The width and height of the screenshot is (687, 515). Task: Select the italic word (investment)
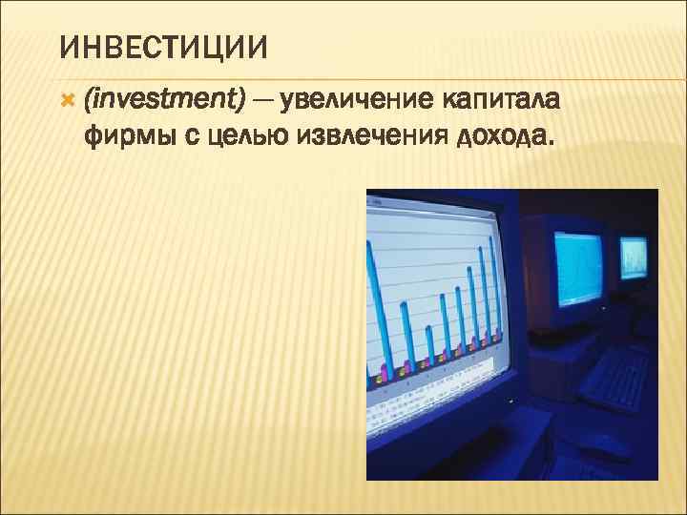[164, 99]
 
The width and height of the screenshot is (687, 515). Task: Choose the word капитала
[502, 99]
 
